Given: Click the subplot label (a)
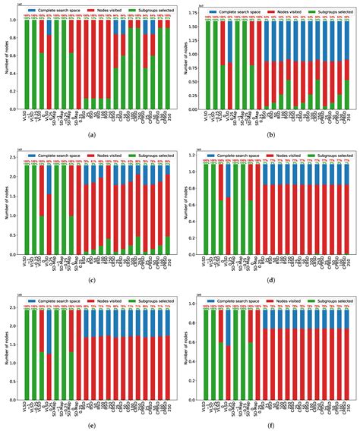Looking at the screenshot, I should [x=91, y=134].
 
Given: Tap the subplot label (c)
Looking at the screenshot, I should [x=91, y=279].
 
